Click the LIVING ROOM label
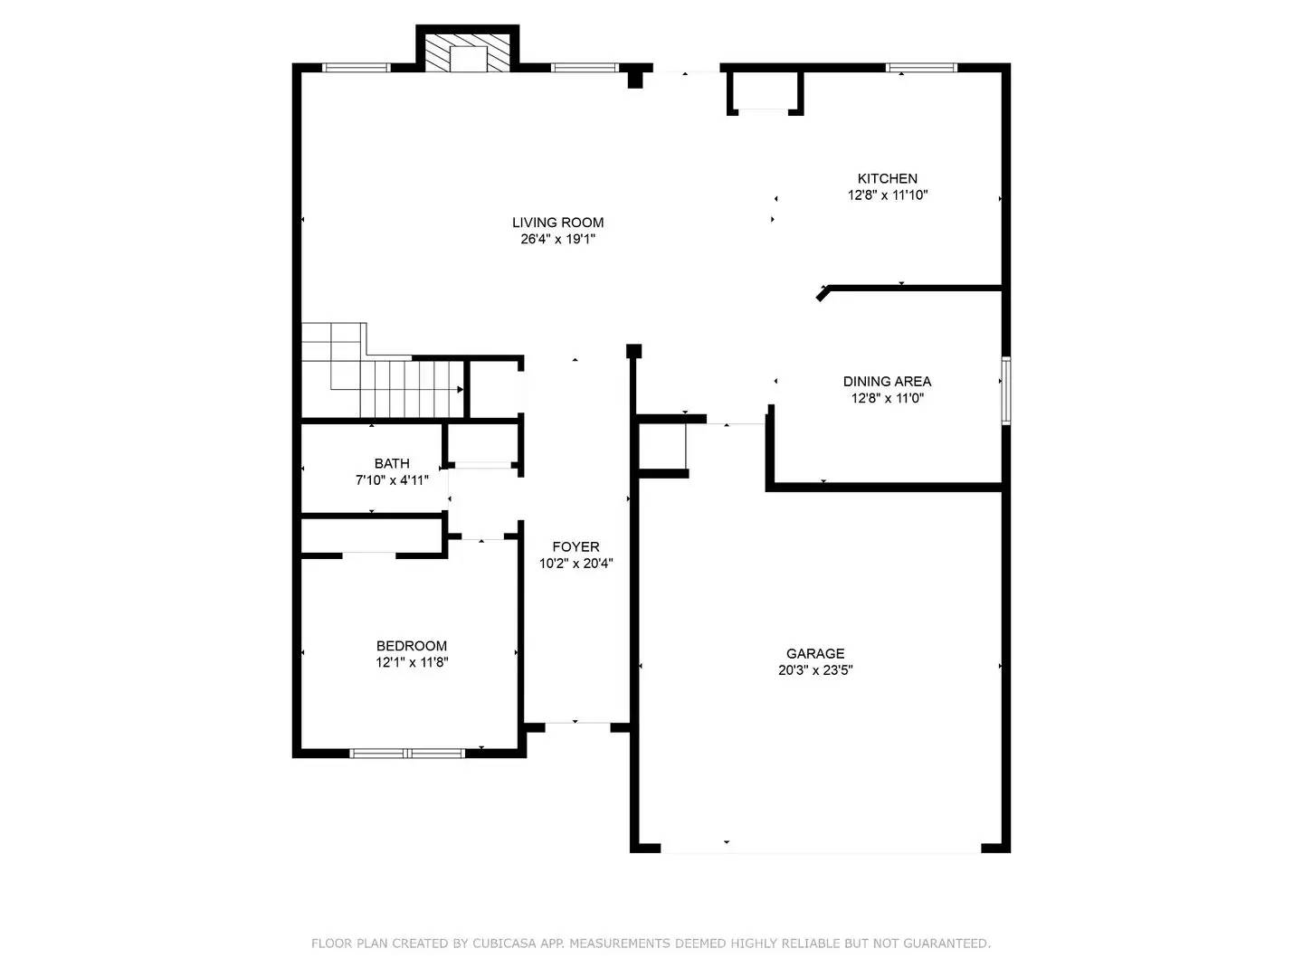click(x=557, y=223)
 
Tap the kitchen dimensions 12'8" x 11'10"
click(x=887, y=195)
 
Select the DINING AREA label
click(x=887, y=382)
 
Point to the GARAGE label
click(x=814, y=653)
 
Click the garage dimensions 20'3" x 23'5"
click(x=814, y=670)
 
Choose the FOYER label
click(x=575, y=546)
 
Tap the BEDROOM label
click(x=411, y=646)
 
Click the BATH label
click(x=392, y=463)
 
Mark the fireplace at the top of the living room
click(x=468, y=54)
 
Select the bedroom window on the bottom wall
click(x=407, y=753)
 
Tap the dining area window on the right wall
click(x=1005, y=390)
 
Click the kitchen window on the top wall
click(x=920, y=67)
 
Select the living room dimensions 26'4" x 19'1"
click(x=557, y=240)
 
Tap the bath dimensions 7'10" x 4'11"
click(x=392, y=480)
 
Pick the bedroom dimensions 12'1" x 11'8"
click(x=412, y=663)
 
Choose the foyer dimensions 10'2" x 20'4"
click(x=575, y=564)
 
